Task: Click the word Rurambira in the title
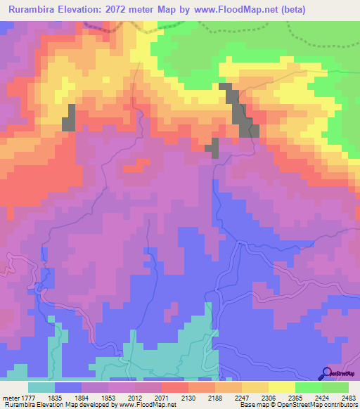click(34, 10)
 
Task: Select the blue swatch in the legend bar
click(68, 387)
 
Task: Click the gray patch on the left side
click(69, 117)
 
